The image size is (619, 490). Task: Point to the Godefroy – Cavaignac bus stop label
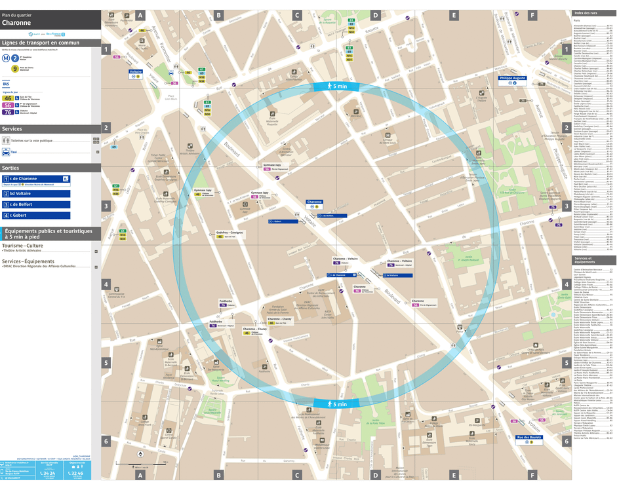click(x=230, y=233)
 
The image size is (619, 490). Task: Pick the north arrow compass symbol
click(x=140, y=453)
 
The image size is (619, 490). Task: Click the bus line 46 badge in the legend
click(x=8, y=98)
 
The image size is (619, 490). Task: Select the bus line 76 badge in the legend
click(x=8, y=112)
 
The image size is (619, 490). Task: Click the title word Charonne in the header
click(x=16, y=22)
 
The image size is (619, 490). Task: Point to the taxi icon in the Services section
click(x=6, y=152)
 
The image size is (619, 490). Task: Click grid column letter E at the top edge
click(x=453, y=15)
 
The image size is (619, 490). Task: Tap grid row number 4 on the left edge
click(x=105, y=284)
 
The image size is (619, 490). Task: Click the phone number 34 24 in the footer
click(x=48, y=473)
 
